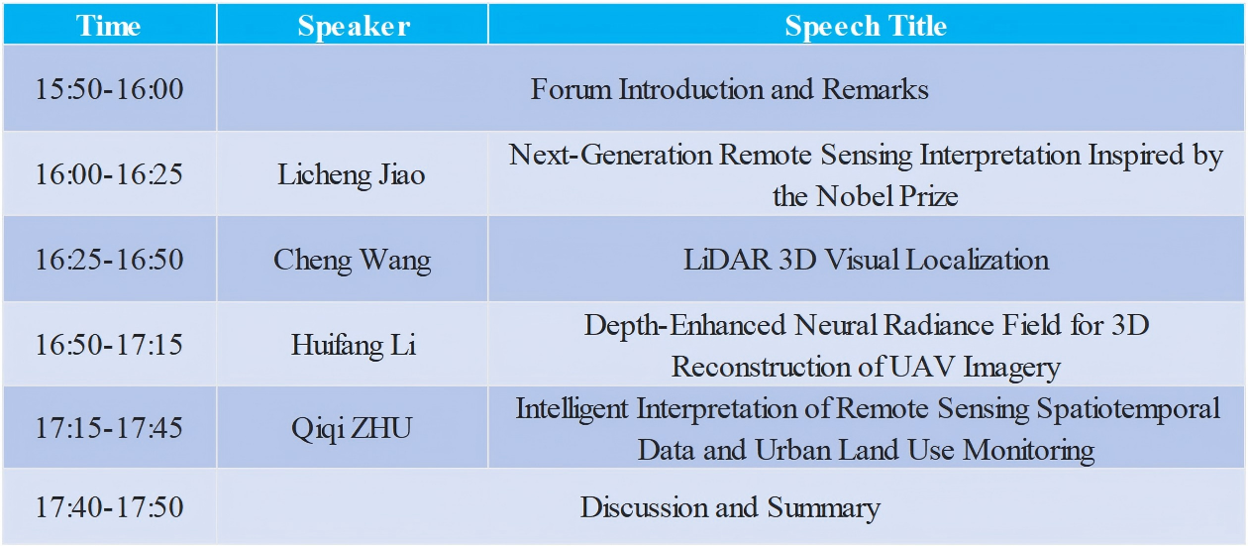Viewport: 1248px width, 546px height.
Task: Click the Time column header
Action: tap(109, 26)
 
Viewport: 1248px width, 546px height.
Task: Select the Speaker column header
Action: tap(354, 26)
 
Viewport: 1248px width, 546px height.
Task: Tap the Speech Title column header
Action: tap(866, 26)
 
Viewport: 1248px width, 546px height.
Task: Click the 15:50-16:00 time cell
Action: tap(109, 89)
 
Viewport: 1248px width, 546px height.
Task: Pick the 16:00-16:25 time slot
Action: tap(109, 174)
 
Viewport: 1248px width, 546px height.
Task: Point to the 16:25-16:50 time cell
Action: tap(109, 260)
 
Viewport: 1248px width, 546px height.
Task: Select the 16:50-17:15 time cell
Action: tap(109, 345)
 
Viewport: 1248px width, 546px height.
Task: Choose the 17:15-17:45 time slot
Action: tap(109, 428)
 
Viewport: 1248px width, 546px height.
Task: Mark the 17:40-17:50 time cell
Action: tap(109, 507)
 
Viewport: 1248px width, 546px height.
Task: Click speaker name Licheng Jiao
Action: tap(352, 175)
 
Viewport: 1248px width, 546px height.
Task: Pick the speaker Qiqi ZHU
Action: tap(352, 429)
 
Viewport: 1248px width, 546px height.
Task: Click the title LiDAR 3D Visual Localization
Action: tap(867, 260)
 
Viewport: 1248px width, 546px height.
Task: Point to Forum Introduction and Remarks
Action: tap(729, 89)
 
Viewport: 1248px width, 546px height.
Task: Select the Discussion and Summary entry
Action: tap(730, 508)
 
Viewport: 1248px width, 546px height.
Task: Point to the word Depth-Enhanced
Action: tap(685, 325)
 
